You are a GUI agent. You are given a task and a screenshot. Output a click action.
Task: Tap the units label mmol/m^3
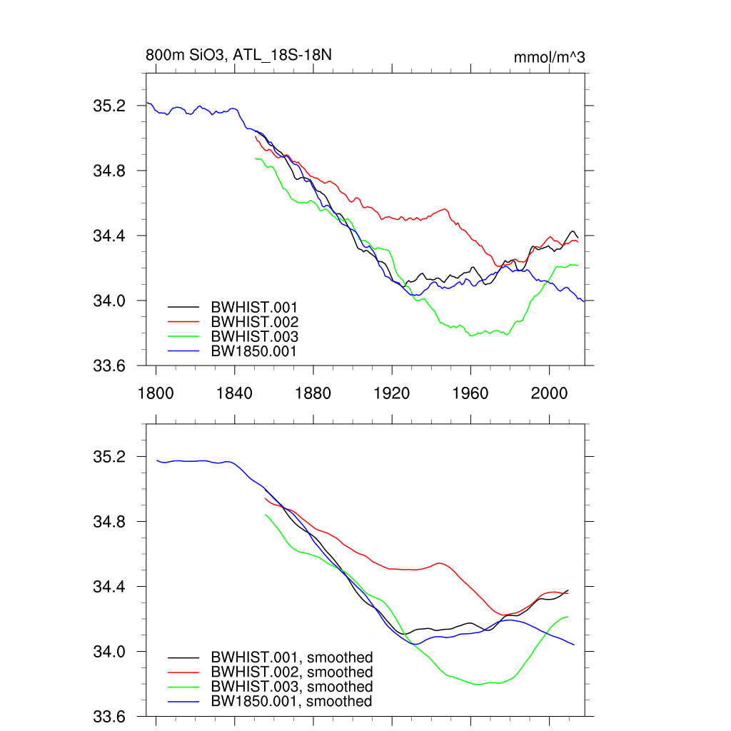[x=549, y=57]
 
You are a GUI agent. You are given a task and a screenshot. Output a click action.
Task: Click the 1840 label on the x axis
[x=234, y=392]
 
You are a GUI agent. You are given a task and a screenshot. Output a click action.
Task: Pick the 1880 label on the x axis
[x=313, y=392]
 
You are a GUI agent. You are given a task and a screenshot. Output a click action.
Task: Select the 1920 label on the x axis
[x=392, y=392]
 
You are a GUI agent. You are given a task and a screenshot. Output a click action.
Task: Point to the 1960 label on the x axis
[x=470, y=392]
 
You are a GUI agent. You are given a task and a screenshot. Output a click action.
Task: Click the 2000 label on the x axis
[x=550, y=392]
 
